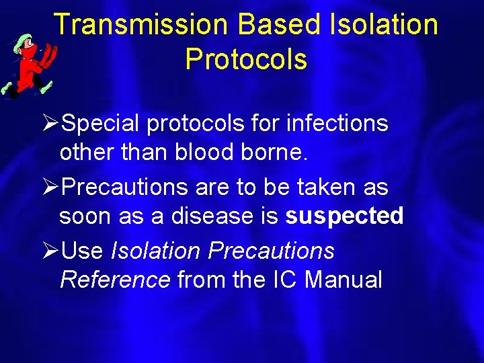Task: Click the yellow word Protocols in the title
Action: pyautogui.click(x=246, y=59)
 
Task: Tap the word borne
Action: pyautogui.click(x=278, y=152)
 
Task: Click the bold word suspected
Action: pyautogui.click(x=344, y=216)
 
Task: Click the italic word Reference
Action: pyautogui.click(x=115, y=279)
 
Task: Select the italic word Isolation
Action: pyautogui.click(x=155, y=251)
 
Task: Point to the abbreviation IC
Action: pyautogui.click(x=283, y=279)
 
